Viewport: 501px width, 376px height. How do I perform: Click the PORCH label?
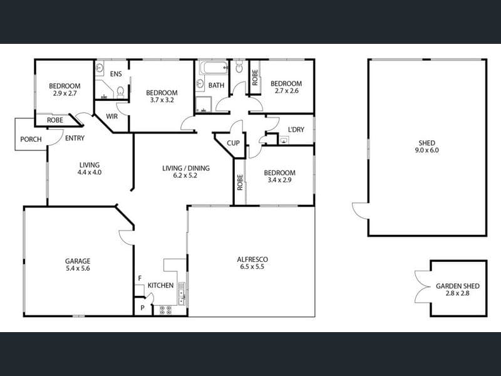click(x=31, y=139)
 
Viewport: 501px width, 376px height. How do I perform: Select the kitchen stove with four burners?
click(x=165, y=310)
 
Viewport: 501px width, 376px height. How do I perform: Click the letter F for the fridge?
click(x=140, y=278)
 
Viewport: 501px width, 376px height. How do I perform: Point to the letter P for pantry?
click(x=143, y=308)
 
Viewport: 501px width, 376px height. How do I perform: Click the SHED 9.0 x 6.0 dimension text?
click(x=427, y=150)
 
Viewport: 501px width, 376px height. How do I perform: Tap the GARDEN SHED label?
click(x=458, y=286)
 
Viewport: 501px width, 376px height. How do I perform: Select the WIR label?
click(x=112, y=117)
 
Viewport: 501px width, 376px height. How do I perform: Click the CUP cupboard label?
click(x=233, y=144)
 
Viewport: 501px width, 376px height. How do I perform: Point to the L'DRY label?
click(x=296, y=130)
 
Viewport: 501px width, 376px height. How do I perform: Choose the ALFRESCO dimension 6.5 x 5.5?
click(x=252, y=267)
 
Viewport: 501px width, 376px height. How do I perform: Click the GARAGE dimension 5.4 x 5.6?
click(x=78, y=269)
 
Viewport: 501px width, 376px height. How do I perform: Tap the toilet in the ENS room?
click(x=120, y=92)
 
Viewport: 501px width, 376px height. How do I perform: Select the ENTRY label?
click(x=75, y=138)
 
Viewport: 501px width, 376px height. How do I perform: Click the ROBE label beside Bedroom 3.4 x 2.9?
click(x=240, y=182)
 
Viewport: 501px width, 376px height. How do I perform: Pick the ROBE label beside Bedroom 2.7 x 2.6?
click(x=255, y=78)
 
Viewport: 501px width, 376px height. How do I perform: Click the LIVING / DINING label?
click(x=186, y=168)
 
